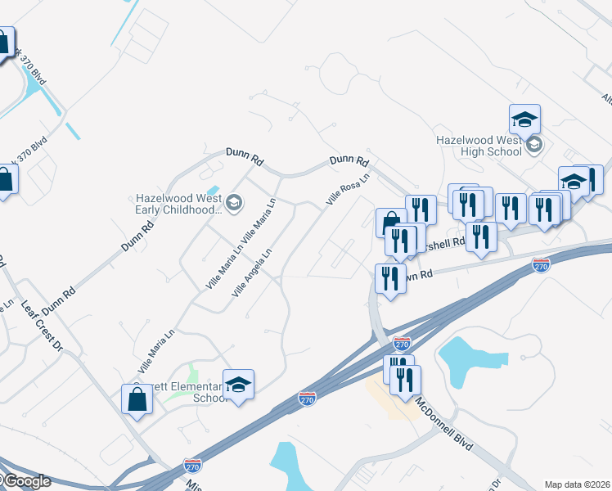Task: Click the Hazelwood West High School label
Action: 479,146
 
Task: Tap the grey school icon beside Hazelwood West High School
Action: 534,145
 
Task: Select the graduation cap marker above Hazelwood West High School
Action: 524,119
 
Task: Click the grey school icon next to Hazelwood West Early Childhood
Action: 234,203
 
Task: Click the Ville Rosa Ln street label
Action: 348,188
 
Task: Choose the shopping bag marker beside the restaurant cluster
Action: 391,223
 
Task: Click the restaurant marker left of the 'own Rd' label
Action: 390,278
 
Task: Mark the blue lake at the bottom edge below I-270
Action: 286,466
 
